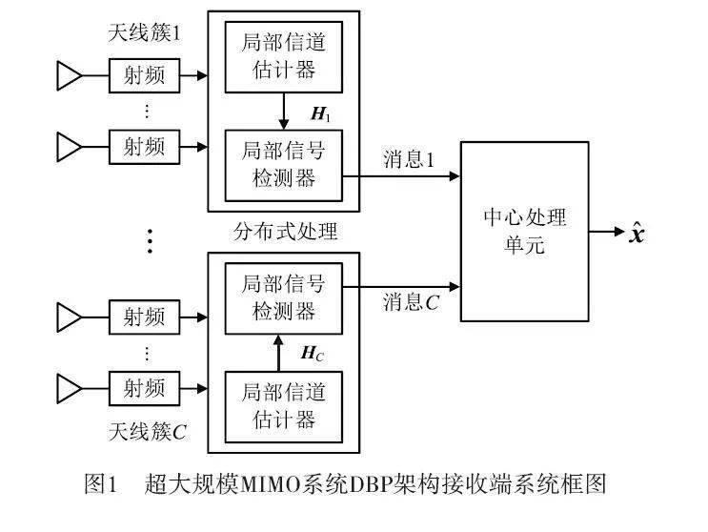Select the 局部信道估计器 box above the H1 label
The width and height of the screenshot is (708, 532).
click(x=283, y=56)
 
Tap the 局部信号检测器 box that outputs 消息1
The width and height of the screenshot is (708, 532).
click(x=283, y=163)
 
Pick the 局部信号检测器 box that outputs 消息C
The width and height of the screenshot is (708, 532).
click(x=283, y=298)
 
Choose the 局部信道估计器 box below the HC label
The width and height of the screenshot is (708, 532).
click(x=283, y=404)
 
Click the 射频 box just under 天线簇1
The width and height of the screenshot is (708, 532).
click(x=143, y=74)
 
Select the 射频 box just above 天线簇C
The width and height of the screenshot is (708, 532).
click(x=143, y=387)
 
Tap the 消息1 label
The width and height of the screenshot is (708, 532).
click(x=409, y=159)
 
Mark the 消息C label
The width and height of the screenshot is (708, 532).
click(x=411, y=303)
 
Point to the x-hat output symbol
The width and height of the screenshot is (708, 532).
click(x=637, y=231)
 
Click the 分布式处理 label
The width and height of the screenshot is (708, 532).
click(x=285, y=232)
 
